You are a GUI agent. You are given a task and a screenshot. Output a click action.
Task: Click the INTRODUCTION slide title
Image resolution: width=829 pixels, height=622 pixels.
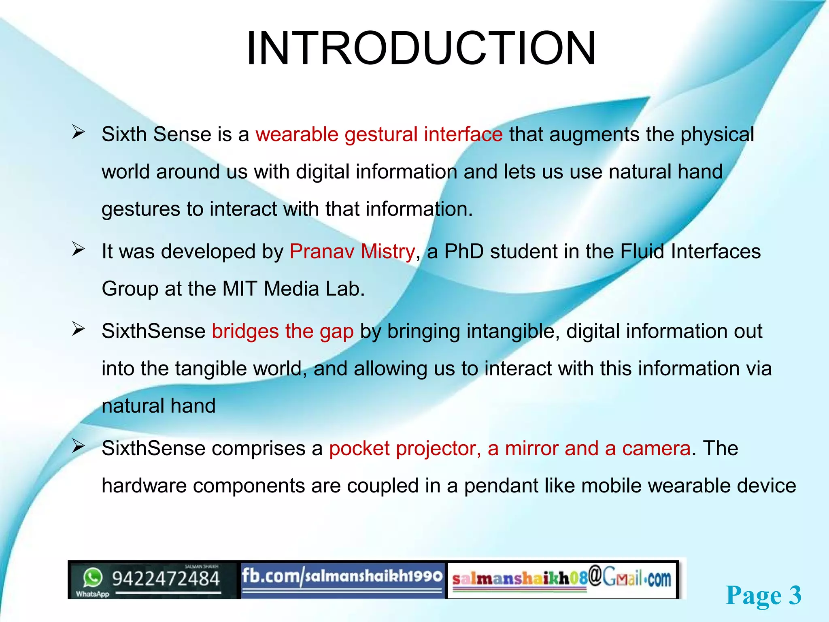[x=421, y=49]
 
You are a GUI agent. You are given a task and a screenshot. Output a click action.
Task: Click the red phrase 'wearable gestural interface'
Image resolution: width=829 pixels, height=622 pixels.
[x=379, y=134]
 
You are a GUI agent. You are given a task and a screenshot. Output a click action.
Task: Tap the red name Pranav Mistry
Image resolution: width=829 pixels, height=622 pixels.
[x=352, y=251]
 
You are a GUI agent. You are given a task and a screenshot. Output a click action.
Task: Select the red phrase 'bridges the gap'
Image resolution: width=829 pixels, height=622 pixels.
[x=283, y=331]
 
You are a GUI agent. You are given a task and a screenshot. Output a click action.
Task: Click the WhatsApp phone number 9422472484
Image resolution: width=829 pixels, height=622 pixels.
[x=166, y=578]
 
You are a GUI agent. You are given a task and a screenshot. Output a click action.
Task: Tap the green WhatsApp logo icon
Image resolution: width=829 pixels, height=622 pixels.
[x=93, y=577]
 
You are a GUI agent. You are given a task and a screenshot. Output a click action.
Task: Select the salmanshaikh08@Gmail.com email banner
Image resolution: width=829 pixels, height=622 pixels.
[x=562, y=579]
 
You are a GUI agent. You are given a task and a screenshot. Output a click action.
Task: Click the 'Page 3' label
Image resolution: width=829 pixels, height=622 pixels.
[x=763, y=596]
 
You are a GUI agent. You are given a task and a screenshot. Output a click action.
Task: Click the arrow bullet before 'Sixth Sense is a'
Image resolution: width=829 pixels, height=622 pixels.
[x=78, y=132]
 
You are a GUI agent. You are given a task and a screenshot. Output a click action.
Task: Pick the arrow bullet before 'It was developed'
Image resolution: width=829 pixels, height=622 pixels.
[x=78, y=249]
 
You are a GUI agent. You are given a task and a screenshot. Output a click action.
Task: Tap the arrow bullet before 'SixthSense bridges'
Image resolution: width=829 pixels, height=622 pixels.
[x=78, y=329]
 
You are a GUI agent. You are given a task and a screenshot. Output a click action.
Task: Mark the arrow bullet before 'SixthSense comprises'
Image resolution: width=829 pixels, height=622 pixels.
[x=78, y=446]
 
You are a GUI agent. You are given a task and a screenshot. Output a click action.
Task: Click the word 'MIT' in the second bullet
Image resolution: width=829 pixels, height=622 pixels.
[x=240, y=289]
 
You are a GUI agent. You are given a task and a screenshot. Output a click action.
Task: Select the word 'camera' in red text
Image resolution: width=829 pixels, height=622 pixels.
[x=656, y=449]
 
